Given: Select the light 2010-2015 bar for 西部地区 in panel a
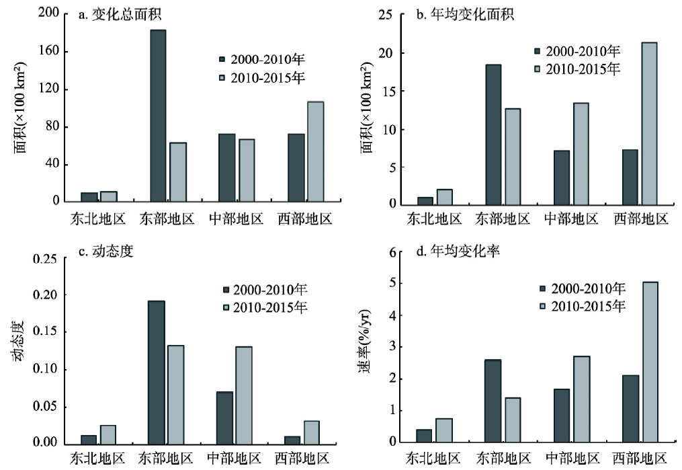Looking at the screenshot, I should click(x=315, y=152).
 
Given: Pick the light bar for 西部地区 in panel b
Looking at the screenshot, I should click(x=649, y=124).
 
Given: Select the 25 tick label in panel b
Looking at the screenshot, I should click(x=387, y=15).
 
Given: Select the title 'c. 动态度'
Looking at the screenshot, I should click(x=108, y=253).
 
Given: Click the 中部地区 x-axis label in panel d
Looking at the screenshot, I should click(x=572, y=460).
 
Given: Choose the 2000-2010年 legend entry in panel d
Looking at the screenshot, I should click(x=582, y=289).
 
